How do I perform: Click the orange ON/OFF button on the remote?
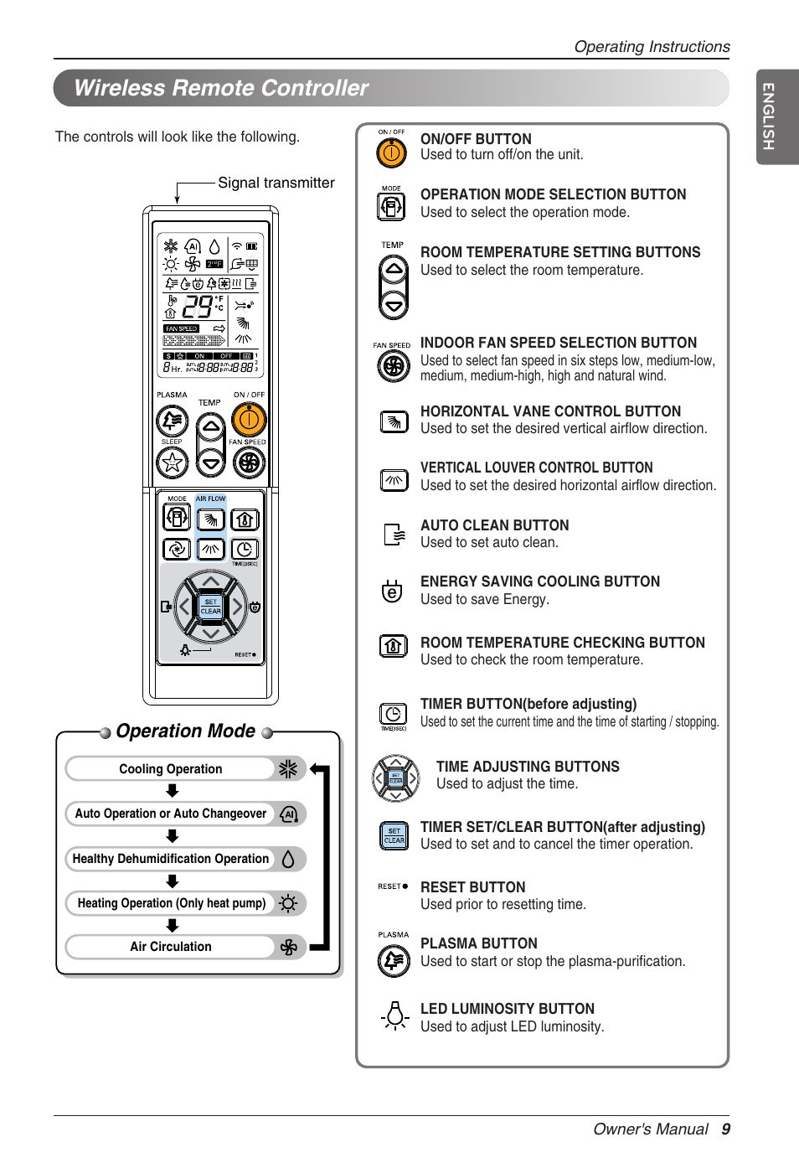(x=249, y=419)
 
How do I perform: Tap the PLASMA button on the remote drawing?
(x=172, y=421)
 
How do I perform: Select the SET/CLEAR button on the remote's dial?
(x=211, y=607)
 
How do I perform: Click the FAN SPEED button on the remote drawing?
(x=249, y=462)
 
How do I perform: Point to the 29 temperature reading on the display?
(x=198, y=307)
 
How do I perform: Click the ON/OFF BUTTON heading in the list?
(x=476, y=139)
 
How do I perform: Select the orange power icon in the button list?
(x=391, y=152)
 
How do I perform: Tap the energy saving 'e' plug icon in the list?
(x=391, y=592)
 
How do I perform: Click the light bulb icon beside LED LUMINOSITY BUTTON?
(x=394, y=1016)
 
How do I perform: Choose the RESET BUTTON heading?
(x=472, y=887)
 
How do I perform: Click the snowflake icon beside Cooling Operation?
(x=288, y=769)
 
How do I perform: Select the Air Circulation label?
(x=171, y=947)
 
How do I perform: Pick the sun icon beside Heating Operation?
(x=288, y=903)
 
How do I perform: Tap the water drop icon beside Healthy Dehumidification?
(x=288, y=859)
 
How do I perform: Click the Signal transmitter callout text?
(x=276, y=183)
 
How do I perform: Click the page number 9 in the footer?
(x=725, y=1129)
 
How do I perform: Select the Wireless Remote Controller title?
(x=221, y=88)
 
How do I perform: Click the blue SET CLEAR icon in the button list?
(x=394, y=836)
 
